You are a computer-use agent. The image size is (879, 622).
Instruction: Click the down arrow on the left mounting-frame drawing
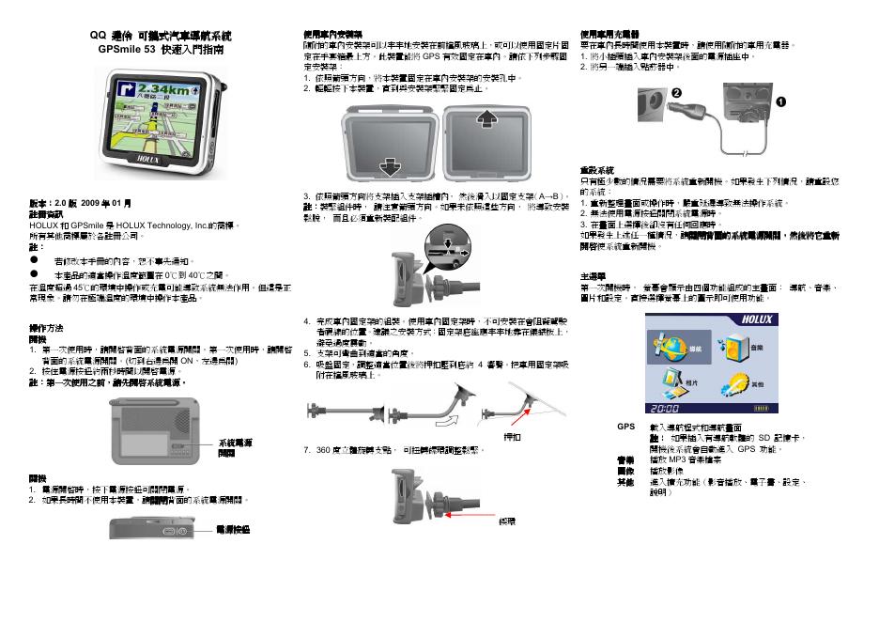388,167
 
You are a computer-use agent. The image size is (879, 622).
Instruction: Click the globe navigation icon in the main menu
672,346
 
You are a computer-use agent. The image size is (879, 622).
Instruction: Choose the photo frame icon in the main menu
671,382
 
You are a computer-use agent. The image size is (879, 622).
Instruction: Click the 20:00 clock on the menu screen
665,408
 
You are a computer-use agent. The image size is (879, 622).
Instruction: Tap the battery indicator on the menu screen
767,408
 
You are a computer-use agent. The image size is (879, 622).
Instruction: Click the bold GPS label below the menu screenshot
625,427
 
